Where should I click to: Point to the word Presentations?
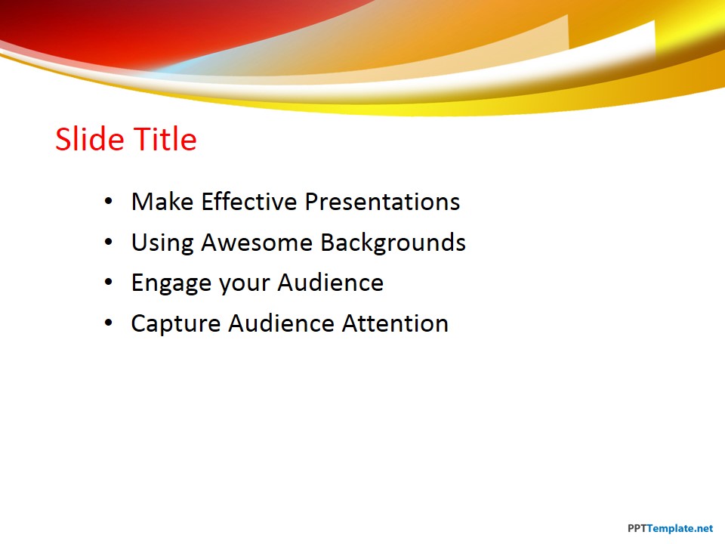point(382,202)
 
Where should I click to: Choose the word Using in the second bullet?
point(162,243)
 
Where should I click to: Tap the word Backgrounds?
point(393,243)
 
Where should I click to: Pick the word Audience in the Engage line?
point(331,283)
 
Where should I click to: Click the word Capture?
point(176,324)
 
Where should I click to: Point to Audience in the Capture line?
point(281,323)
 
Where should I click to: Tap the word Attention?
point(395,323)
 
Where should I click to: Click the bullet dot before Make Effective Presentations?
point(109,201)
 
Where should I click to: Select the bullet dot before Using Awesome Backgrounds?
point(109,242)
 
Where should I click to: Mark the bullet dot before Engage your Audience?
point(109,282)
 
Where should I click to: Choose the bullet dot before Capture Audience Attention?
point(109,323)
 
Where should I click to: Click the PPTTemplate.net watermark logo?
point(670,528)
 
